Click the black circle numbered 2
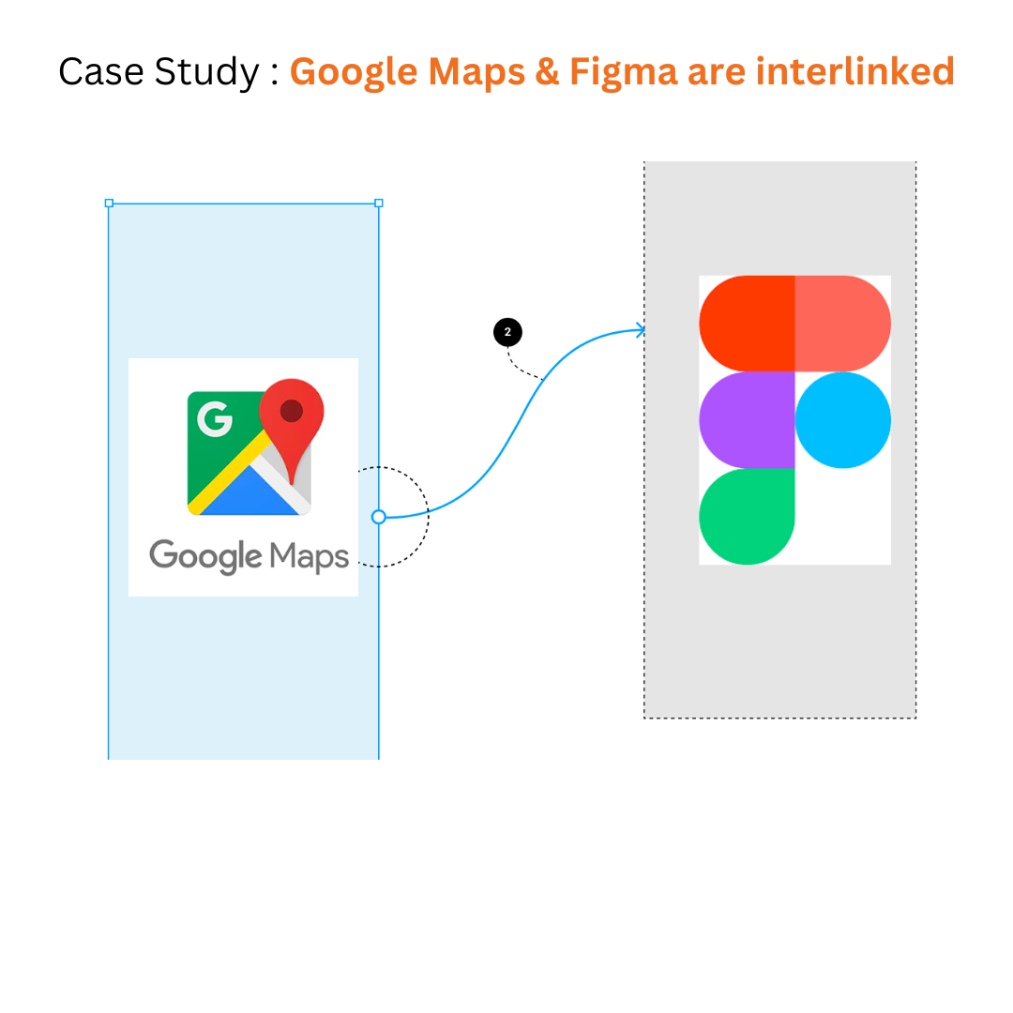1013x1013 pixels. (x=507, y=332)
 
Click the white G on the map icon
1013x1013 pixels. (x=215, y=418)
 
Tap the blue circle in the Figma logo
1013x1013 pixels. (x=842, y=420)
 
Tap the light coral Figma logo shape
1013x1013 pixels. (x=842, y=324)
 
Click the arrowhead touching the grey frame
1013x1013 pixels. (x=641, y=329)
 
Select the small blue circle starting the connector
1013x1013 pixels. (x=379, y=517)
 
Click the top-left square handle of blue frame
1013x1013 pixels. (x=109, y=203)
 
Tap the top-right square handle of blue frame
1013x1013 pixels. (x=379, y=203)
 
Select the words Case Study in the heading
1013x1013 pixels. (x=158, y=72)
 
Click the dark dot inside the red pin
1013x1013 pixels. (x=292, y=410)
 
